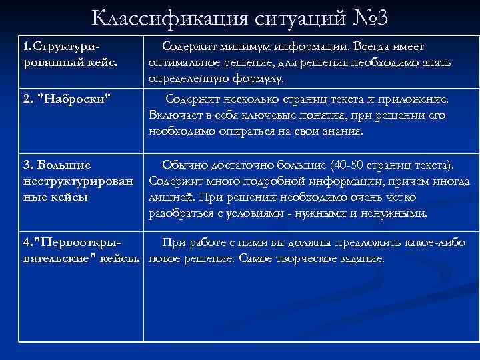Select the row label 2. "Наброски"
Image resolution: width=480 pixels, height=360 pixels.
67,99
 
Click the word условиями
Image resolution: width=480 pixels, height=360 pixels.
259,213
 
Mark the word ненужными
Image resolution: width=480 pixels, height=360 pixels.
393,213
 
